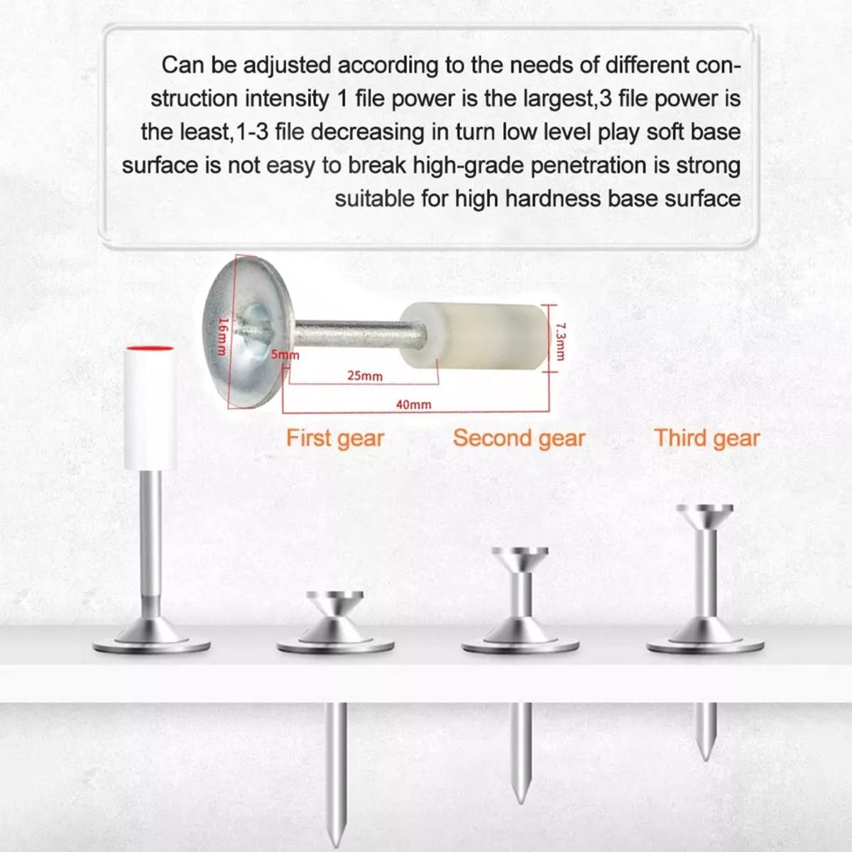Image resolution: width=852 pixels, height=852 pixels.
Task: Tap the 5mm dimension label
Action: (x=285, y=355)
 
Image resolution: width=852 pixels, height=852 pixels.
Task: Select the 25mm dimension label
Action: (x=365, y=376)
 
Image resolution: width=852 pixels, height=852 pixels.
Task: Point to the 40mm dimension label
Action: (x=413, y=405)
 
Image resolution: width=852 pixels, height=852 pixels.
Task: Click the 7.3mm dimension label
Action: (x=560, y=341)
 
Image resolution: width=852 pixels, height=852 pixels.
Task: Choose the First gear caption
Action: (x=335, y=439)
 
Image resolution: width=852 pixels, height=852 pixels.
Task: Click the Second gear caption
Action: (x=519, y=439)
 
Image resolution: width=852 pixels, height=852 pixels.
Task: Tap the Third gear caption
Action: (x=707, y=439)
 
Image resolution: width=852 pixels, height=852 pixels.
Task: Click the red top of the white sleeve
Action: (x=149, y=349)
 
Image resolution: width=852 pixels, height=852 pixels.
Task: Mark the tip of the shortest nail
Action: (x=706, y=760)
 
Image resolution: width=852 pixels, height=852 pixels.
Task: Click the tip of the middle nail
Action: (x=520, y=802)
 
